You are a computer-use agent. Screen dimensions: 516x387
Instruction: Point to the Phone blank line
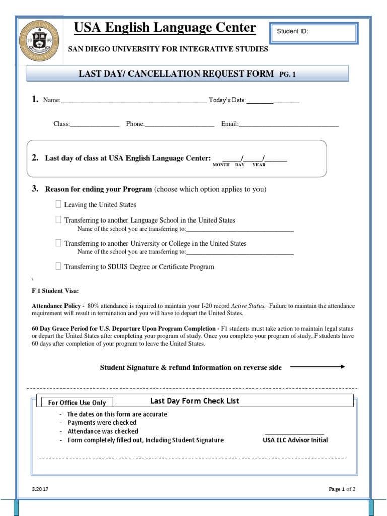179,125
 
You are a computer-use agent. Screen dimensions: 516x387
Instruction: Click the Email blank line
288,125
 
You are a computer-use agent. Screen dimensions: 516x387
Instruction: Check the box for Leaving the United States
58,204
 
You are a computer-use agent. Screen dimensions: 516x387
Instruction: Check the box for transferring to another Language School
58,220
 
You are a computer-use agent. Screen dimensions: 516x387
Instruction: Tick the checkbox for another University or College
58,243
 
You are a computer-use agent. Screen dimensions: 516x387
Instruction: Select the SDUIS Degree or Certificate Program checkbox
58,266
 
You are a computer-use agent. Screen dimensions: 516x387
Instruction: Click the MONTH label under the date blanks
221,165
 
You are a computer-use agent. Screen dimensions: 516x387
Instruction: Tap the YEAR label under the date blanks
259,165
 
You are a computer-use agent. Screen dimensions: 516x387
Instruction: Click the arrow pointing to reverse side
317,367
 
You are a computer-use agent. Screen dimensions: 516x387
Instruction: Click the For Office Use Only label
77,402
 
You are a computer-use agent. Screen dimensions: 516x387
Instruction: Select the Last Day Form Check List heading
195,401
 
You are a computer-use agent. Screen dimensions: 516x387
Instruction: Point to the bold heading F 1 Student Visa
55,291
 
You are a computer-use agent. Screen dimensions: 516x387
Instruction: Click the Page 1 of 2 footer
342,489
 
